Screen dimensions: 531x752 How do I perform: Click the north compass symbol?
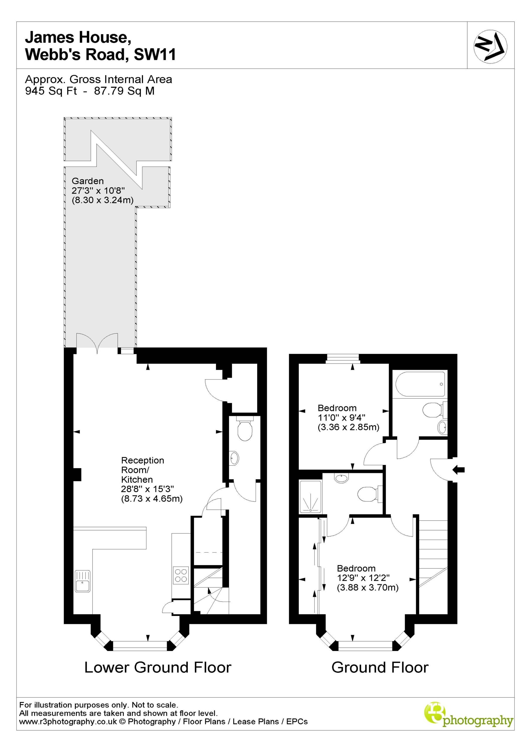[490, 46]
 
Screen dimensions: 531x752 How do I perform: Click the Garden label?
[87, 181]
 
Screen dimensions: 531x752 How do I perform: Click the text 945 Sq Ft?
[51, 91]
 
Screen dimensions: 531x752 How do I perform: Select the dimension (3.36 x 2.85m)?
[348, 427]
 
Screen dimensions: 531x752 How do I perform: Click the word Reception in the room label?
[142, 460]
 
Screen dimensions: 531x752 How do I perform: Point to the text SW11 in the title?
[155, 54]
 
